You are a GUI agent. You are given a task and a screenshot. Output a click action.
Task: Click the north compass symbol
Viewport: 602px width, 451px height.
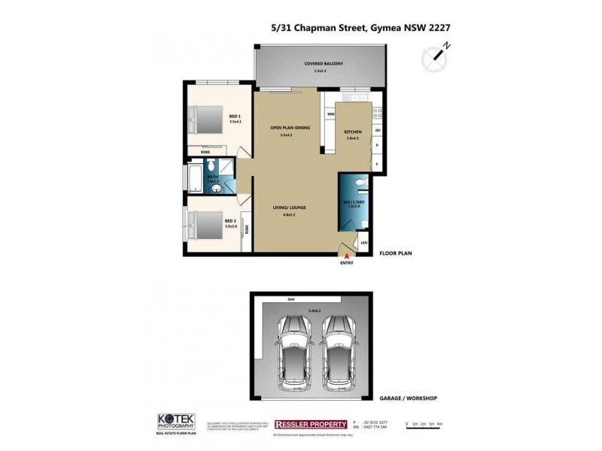[x=434, y=55]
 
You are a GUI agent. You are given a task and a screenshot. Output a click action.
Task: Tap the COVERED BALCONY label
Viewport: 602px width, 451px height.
[x=323, y=64]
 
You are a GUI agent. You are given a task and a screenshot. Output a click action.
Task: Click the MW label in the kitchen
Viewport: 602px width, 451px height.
[x=330, y=114]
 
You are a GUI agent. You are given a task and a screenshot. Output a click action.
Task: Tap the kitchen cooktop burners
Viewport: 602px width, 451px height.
[x=377, y=114]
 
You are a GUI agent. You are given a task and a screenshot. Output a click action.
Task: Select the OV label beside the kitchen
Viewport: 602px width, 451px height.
[x=377, y=131]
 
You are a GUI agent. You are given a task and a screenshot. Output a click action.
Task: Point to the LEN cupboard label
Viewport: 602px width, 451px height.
[x=364, y=242]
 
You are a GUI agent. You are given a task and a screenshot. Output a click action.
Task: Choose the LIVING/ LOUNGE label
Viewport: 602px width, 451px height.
[x=290, y=207]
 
